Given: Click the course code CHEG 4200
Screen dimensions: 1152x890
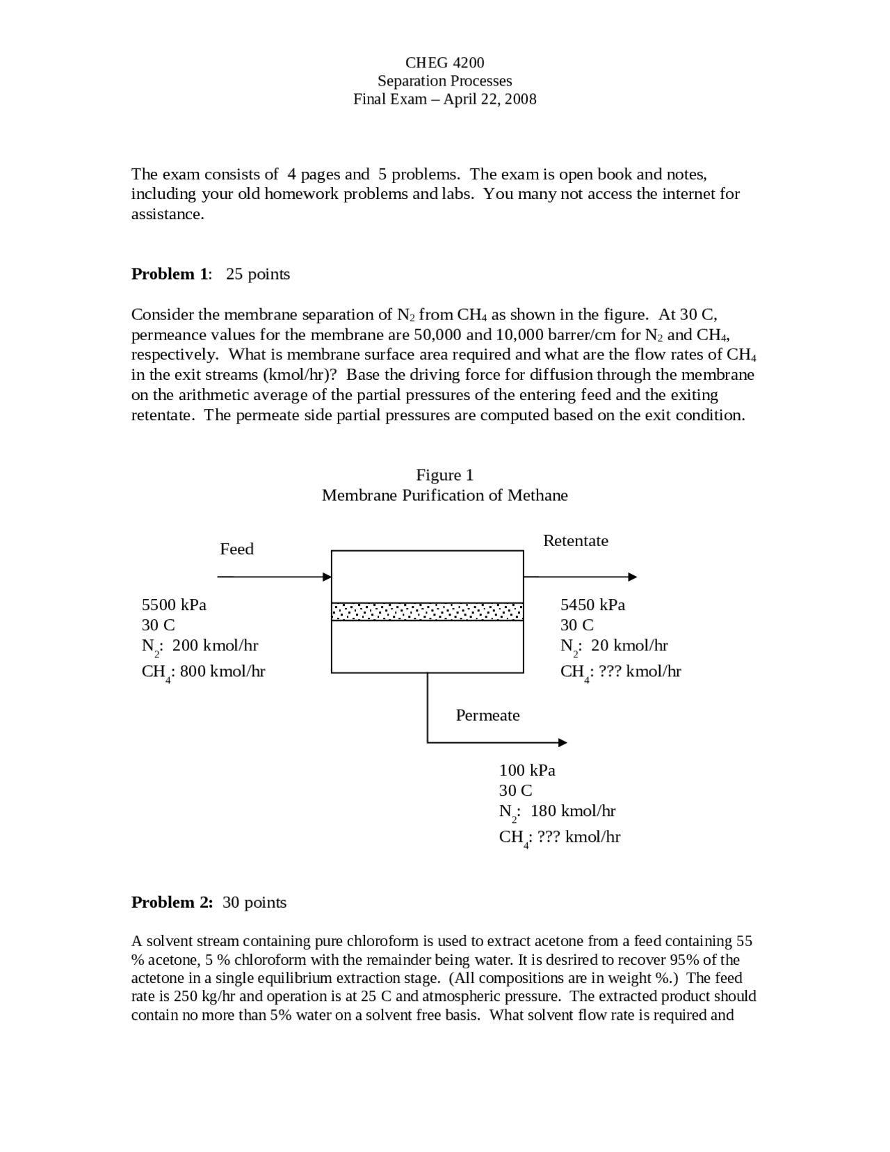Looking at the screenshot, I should pos(444,63).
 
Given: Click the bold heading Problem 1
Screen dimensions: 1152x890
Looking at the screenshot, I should pos(170,274).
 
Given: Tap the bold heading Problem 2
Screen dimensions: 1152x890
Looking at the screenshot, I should pos(172,902).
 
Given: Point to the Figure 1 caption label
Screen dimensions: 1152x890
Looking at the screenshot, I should pos(444,475).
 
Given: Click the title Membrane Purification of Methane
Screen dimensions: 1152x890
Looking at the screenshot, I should pos(444,495).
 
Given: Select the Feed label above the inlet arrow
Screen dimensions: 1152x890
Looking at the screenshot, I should pos(236,549).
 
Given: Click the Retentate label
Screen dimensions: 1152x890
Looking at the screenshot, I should pos(575,541).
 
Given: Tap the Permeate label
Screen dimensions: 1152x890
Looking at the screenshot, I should pos(487,715).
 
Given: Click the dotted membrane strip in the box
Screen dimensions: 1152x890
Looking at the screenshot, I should pos(427,611).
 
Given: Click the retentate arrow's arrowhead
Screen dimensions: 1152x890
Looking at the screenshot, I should pos(632,577).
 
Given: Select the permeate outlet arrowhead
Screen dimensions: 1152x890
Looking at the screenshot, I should pos(563,742).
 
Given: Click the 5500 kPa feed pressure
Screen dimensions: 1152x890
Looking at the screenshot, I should pos(174,605).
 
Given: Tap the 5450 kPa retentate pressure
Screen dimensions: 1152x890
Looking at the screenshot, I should pos(592,605).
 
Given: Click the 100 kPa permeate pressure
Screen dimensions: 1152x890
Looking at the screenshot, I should pos(527,770).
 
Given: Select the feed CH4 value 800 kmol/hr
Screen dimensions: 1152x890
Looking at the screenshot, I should pos(222,671).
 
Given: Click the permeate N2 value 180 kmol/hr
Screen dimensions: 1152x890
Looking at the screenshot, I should pos(573,811).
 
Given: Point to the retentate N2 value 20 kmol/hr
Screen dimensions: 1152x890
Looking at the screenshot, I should pos(629,646).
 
